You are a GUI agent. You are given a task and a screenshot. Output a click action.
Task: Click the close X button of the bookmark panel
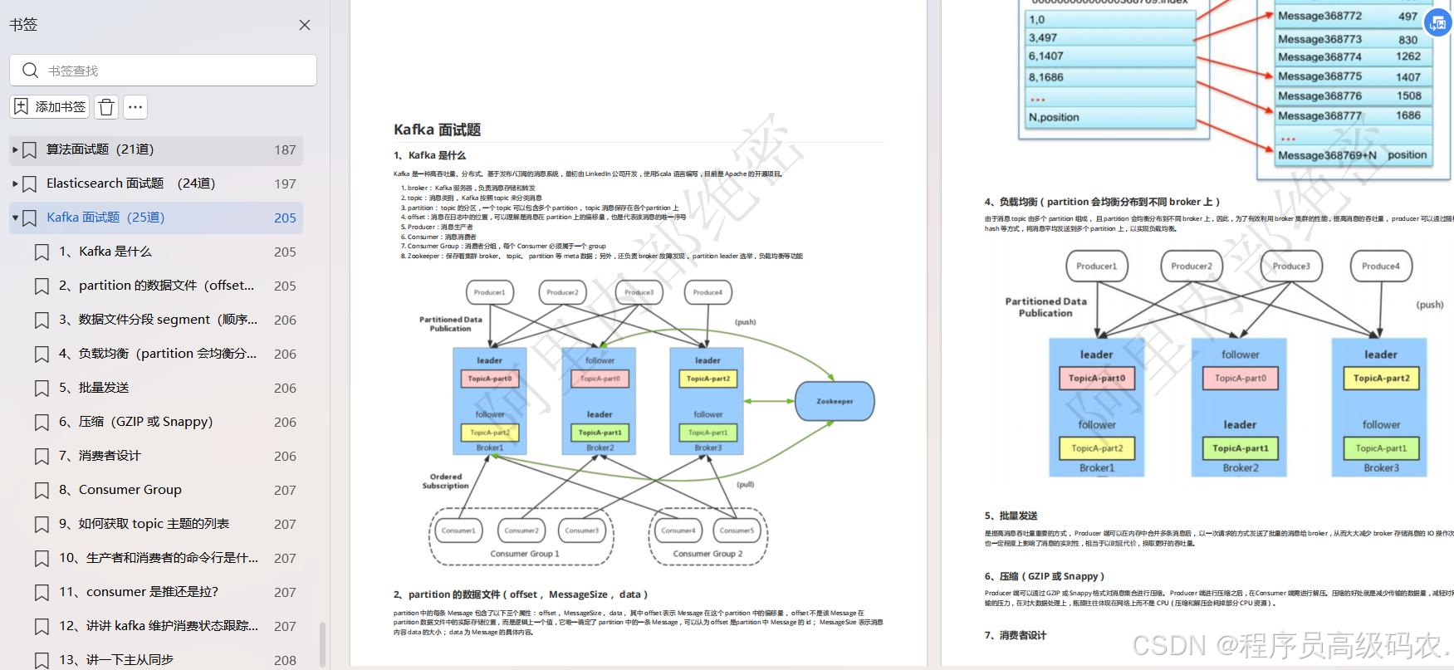tap(305, 25)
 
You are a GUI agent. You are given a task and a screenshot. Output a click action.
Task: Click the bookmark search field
tap(164, 71)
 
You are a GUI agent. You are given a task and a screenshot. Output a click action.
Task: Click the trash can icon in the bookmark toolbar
tap(106, 107)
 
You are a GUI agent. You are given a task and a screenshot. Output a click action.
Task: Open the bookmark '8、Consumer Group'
tap(130, 490)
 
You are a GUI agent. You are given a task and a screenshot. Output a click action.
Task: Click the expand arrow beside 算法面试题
tap(15, 149)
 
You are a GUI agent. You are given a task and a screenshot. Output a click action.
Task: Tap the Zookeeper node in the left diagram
tap(835, 401)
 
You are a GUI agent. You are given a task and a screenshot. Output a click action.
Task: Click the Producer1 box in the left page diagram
tap(489, 292)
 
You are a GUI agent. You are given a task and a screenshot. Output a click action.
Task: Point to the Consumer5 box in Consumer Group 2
tap(737, 531)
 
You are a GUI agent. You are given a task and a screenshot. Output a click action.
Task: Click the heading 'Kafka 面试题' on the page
tap(437, 130)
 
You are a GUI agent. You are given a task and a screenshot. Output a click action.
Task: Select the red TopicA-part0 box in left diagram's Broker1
tap(489, 379)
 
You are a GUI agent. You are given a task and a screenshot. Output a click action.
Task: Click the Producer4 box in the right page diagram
tap(1380, 267)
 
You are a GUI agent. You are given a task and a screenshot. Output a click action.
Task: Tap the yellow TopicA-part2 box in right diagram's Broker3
tap(1381, 379)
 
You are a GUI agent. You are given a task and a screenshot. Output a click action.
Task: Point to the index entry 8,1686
tap(1045, 77)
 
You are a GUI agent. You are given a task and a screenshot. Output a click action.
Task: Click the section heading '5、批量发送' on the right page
tap(1011, 516)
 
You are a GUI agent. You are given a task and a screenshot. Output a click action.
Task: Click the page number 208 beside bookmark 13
tap(285, 660)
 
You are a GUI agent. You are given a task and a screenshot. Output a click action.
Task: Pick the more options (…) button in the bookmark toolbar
tap(135, 107)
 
